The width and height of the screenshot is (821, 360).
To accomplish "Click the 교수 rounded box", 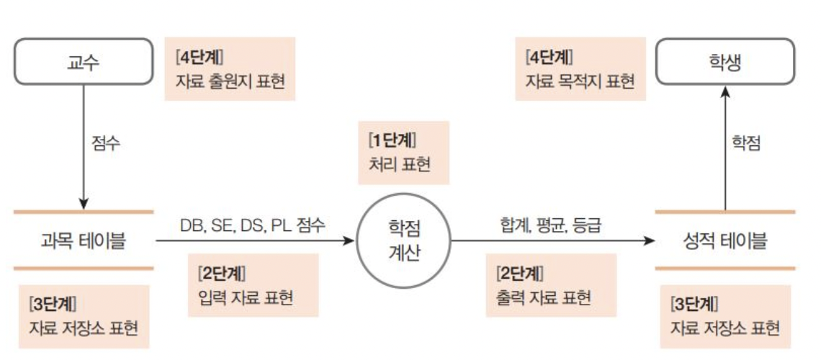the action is pos(84,62).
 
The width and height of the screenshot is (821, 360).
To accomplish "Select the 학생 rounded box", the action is pos(724,62).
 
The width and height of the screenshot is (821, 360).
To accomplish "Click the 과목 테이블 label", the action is pos(84,240).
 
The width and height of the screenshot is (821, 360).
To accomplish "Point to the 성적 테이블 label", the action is pos(725,240).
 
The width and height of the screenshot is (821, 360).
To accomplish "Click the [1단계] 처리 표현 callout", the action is pos(403,153).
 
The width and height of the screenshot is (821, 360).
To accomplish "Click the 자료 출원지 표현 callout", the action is pos(230,69).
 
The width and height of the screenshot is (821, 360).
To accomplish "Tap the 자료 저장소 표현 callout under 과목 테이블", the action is pos(84,316).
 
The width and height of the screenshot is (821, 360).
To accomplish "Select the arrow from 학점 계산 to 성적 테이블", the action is pos(547,240).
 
